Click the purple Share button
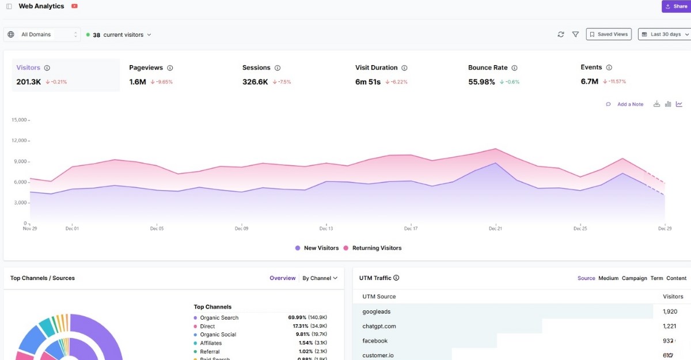676,6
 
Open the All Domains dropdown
42,35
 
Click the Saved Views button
609,35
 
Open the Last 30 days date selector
665,35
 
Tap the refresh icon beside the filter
561,35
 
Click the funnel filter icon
575,35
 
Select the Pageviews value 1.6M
138,82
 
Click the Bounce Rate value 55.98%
481,82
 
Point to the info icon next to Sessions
278,68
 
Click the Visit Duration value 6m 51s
368,82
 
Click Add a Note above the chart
630,104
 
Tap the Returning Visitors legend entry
377,248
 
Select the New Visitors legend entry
321,248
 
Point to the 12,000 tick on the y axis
20,141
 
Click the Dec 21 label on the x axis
495,229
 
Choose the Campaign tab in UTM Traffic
634,278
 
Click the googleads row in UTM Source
376,312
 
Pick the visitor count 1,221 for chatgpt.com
670,326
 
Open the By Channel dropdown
320,278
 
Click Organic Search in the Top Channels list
219,318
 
